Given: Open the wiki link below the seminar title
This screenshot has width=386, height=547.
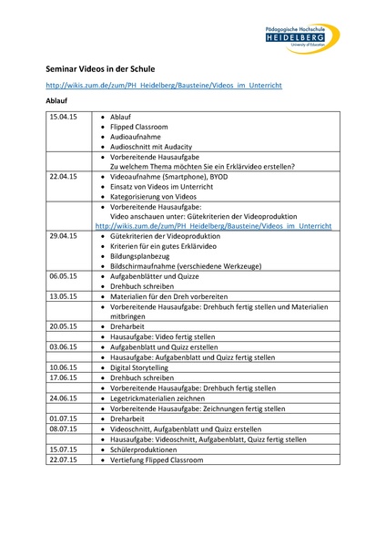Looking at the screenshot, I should click(164, 85).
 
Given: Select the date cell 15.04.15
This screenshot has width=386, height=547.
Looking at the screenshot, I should click(64, 118).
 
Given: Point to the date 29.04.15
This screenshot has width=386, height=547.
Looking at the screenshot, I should click(64, 236).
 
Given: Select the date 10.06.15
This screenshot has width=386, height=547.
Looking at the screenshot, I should click(64, 366).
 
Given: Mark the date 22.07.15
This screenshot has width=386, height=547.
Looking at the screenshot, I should click(64, 459).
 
